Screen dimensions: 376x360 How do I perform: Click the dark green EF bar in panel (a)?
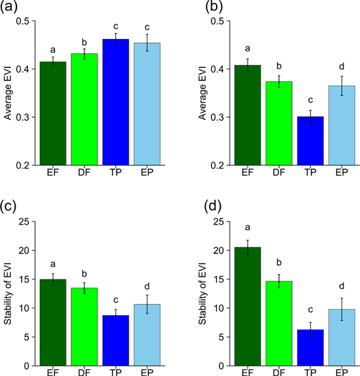pyautogui.click(x=53, y=114)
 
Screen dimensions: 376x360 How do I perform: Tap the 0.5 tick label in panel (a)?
pyautogui.click(x=26, y=21)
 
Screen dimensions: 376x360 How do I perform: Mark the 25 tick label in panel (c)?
pyautogui.click(x=29, y=221)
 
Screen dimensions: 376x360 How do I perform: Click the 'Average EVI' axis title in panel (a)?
pyautogui.click(x=9, y=93)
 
